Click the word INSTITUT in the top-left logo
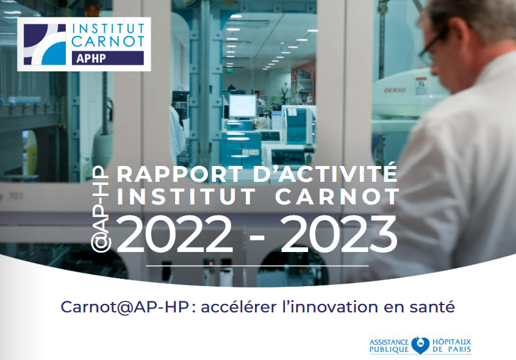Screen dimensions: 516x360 [x=109, y=28]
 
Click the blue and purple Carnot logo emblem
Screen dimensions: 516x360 [x=45, y=44]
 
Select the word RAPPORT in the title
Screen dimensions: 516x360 [x=180, y=174]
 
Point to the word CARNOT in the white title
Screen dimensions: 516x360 [x=337, y=197]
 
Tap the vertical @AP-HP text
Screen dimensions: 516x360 [x=101, y=209]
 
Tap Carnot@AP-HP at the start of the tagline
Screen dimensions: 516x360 [x=124, y=308]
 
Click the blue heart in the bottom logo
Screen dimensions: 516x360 [x=420, y=345]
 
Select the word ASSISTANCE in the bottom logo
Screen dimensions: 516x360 [x=389, y=342]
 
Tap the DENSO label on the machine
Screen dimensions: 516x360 [x=395, y=90]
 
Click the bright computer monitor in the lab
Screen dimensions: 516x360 [x=243, y=106]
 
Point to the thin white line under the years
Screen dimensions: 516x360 [x=257, y=265]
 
